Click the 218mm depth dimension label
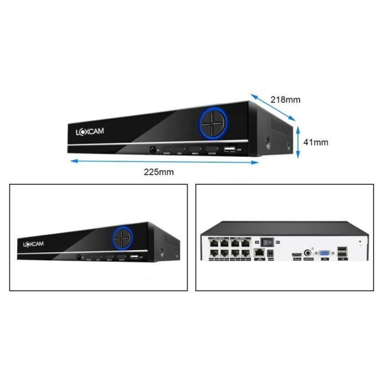click(x=285, y=100)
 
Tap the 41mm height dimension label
click(x=316, y=142)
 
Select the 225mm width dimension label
click(x=159, y=172)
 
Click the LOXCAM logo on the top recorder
click(x=90, y=131)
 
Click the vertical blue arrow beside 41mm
click(x=298, y=142)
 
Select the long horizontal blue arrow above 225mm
click(x=164, y=161)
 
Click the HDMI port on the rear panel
click(x=296, y=254)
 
